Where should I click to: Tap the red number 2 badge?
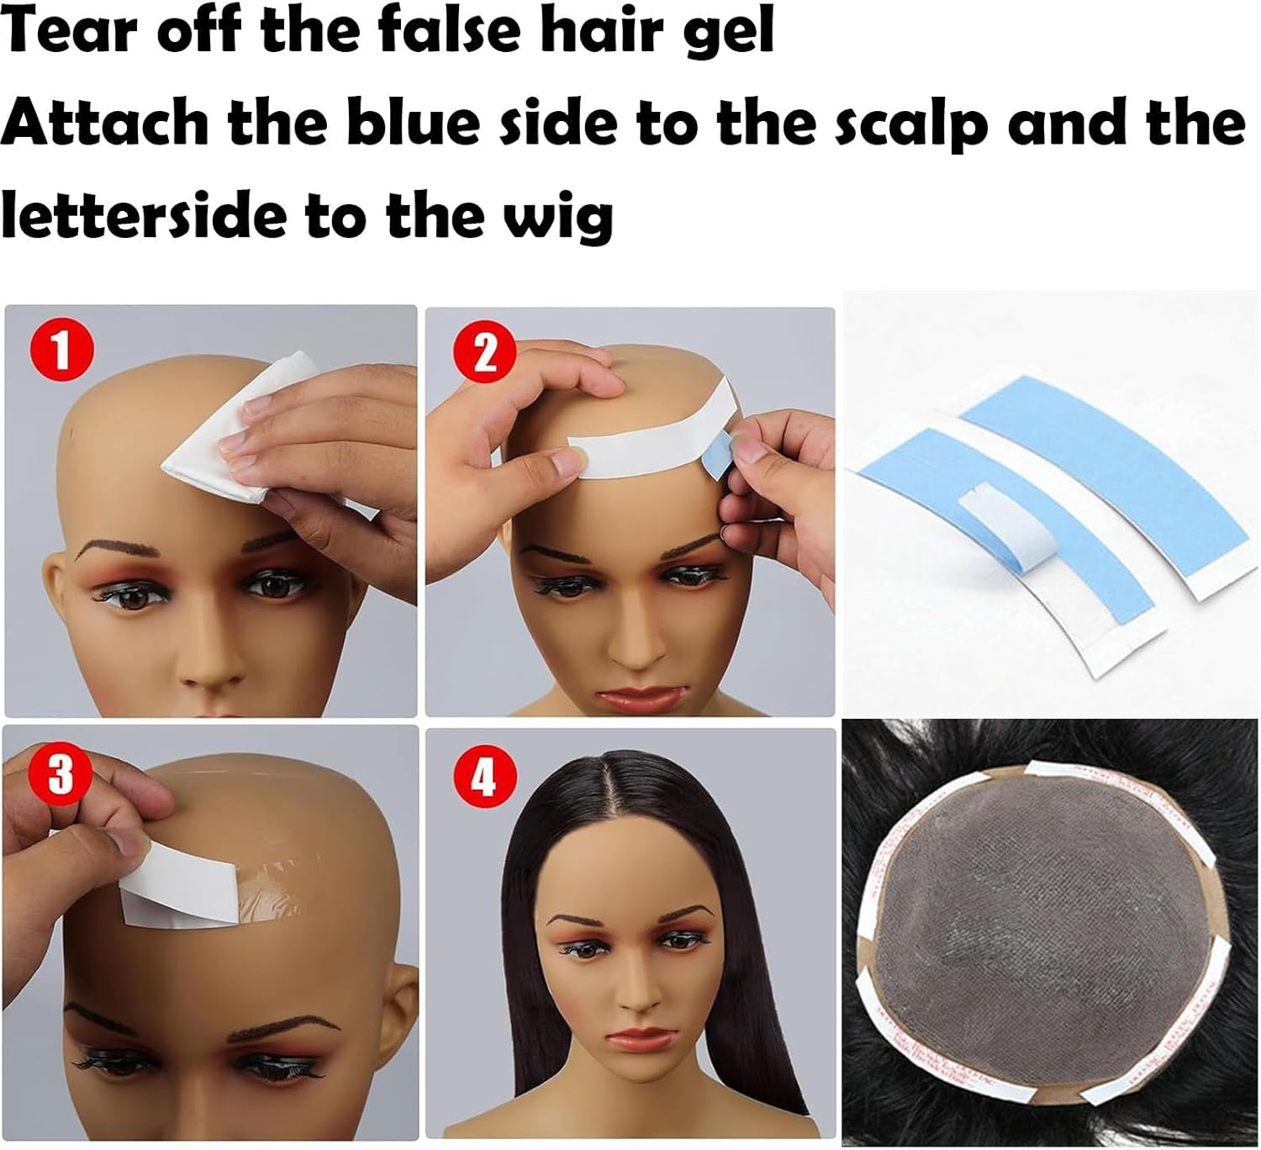click(485, 354)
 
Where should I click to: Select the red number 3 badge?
click(60, 773)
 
